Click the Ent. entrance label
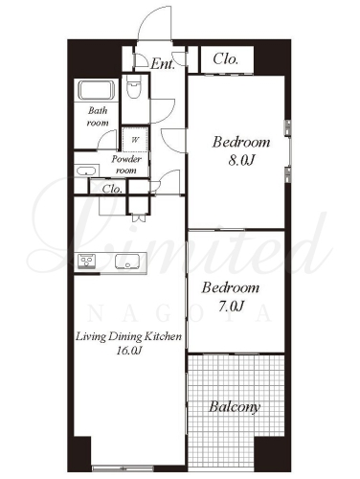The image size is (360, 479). point(163,64)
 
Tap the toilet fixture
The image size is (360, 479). point(134,87)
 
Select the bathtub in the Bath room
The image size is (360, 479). point(97,90)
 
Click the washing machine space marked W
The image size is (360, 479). point(135,140)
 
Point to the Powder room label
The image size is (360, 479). point(126,165)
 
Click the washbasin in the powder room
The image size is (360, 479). point(86,171)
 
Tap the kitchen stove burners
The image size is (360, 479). point(85,262)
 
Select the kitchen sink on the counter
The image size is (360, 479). point(127,262)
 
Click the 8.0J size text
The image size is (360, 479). point(241,161)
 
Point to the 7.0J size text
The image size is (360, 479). point(232,307)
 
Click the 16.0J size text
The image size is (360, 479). point(128,351)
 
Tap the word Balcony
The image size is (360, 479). point(235,407)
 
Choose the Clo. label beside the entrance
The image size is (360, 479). point(226,59)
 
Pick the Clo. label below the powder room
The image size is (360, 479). point(112,189)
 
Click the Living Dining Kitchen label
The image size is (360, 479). point(128,336)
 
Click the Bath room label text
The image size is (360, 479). point(98,117)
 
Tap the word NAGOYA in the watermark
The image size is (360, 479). point(180,314)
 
